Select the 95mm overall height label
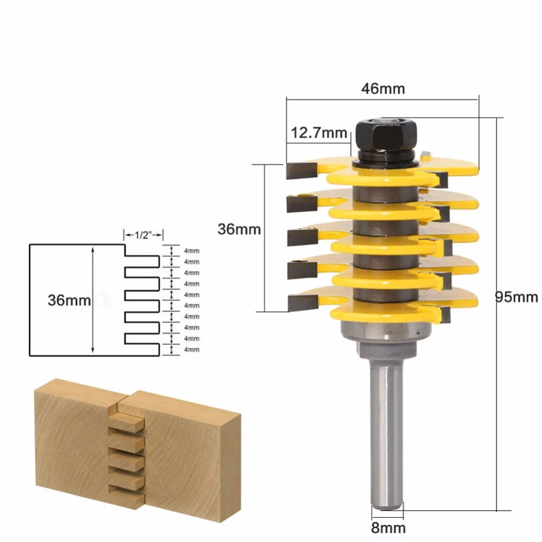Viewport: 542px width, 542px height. click(518, 297)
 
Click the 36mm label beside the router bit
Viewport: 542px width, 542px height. click(239, 229)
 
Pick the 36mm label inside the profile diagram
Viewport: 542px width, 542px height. click(69, 300)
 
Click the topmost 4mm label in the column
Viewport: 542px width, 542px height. click(192, 250)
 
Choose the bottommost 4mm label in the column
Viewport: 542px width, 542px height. click(192, 350)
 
